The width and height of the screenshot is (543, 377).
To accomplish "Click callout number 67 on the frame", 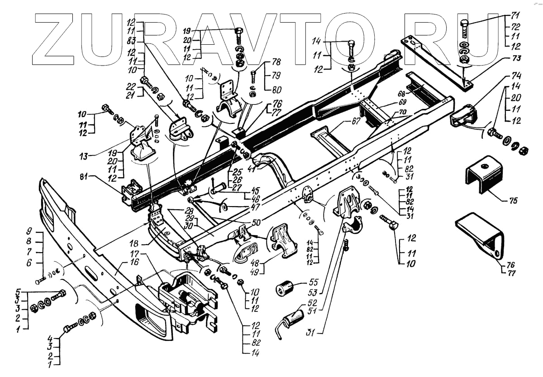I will [344, 121].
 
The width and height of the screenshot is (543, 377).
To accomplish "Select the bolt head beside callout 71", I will [465, 24].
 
